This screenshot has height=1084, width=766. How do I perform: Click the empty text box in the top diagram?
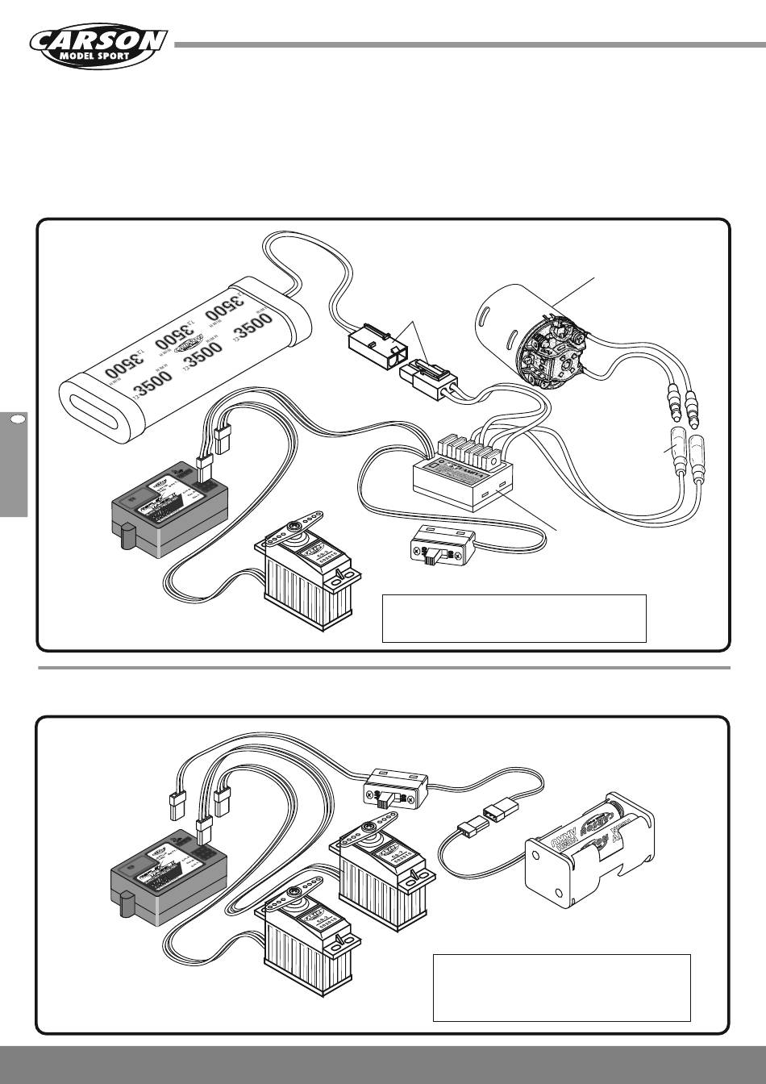click(x=514, y=618)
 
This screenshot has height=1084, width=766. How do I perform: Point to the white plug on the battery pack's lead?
click(x=373, y=348)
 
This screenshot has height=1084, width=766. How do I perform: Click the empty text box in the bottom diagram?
click(x=561, y=987)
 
